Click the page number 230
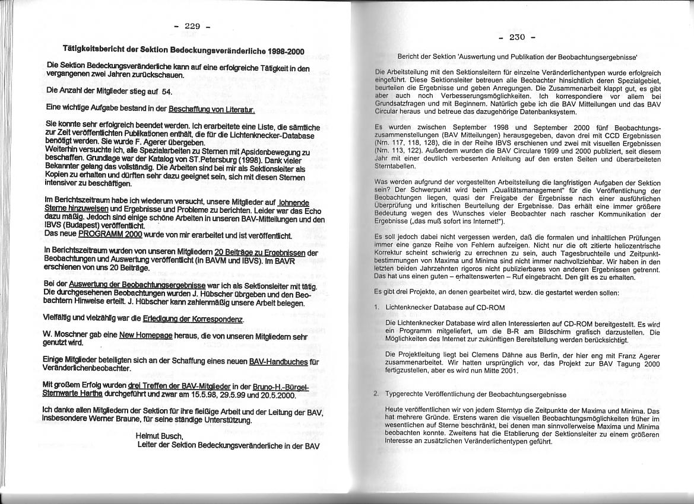coord(517,37)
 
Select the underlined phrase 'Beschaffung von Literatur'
coord(212,110)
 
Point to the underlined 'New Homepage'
coord(146,335)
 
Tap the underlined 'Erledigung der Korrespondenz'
coord(194,319)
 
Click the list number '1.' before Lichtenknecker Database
coord(377,308)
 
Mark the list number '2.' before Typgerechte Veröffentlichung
coord(377,394)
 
